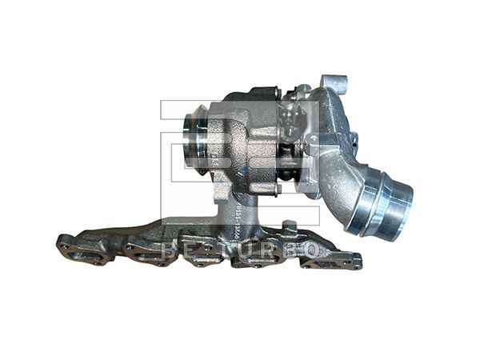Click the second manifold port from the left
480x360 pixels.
point(144,254)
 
